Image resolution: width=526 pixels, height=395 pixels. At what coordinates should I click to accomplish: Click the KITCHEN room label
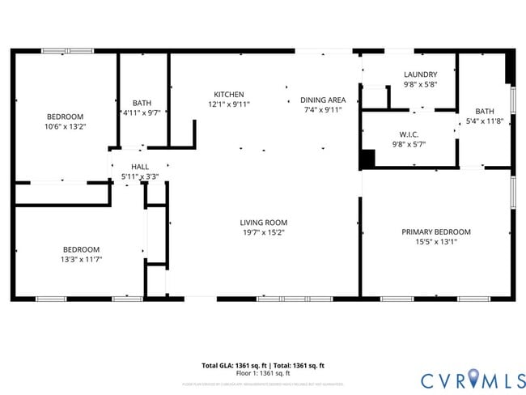[x=228, y=94]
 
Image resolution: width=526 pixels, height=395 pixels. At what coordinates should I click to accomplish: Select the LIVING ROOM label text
[x=263, y=222]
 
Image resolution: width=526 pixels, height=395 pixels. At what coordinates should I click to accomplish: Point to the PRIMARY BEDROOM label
[x=436, y=231]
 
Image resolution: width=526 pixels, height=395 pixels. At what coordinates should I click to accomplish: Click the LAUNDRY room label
[x=420, y=74]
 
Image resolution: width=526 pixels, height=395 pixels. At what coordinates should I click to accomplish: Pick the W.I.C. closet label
[x=408, y=134]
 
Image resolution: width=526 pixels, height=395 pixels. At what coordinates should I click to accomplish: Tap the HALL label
[x=139, y=166]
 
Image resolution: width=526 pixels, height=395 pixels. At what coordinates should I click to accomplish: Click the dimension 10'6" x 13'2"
[x=64, y=126]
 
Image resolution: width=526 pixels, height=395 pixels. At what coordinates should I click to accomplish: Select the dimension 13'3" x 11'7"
[x=81, y=259]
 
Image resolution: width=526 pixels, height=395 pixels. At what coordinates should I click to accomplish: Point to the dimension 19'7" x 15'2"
[x=263, y=232]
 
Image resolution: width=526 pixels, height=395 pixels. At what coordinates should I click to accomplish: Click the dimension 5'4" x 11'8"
[x=485, y=121]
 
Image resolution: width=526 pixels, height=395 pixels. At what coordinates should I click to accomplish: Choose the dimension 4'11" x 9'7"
[x=142, y=113]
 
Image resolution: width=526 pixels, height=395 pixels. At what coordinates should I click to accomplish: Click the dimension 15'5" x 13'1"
[x=436, y=241]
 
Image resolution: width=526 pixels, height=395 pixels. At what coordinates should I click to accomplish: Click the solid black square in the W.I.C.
[x=367, y=159]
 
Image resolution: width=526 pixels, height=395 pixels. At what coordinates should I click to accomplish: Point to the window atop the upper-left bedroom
[x=68, y=51]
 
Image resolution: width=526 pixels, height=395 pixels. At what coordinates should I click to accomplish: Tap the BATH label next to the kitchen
[x=142, y=103]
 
